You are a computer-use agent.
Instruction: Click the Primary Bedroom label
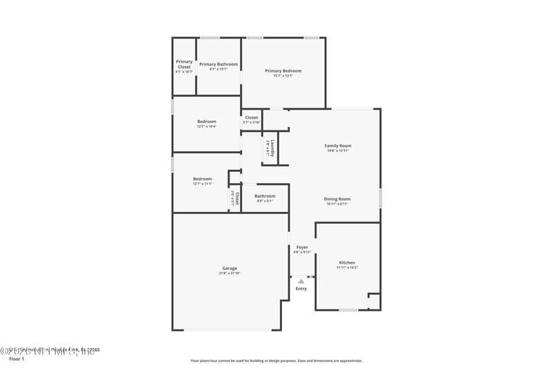pos(283,70)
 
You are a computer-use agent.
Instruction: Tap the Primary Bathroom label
pos(218,64)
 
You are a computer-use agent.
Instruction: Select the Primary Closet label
pos(184,64)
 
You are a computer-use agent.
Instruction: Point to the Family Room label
pos(338,146)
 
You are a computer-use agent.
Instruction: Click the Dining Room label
pos(337,199)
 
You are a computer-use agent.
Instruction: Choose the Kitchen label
pos(346,262)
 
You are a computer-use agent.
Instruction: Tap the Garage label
pos(229,268)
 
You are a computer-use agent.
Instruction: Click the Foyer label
pos(302,247)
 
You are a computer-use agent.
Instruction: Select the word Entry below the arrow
pos(301,289)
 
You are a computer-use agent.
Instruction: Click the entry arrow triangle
pos(301,281)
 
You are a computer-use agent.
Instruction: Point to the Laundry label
pos(273,148)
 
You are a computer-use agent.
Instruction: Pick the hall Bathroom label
pos(265,196)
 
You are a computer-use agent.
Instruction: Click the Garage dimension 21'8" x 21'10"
pos(229,273)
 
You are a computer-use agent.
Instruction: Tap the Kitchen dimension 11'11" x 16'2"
pos(346,268)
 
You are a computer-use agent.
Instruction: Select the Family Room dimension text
pos(338,151)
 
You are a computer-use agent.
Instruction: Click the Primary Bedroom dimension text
pos(283,76)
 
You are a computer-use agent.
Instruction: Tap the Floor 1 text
pos(16,360)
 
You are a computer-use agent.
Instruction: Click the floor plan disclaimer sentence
pos(276,360)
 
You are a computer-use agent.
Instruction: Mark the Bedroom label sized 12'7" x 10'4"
pos(207,122)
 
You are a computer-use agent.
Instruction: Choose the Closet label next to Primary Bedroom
pos(252,117)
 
